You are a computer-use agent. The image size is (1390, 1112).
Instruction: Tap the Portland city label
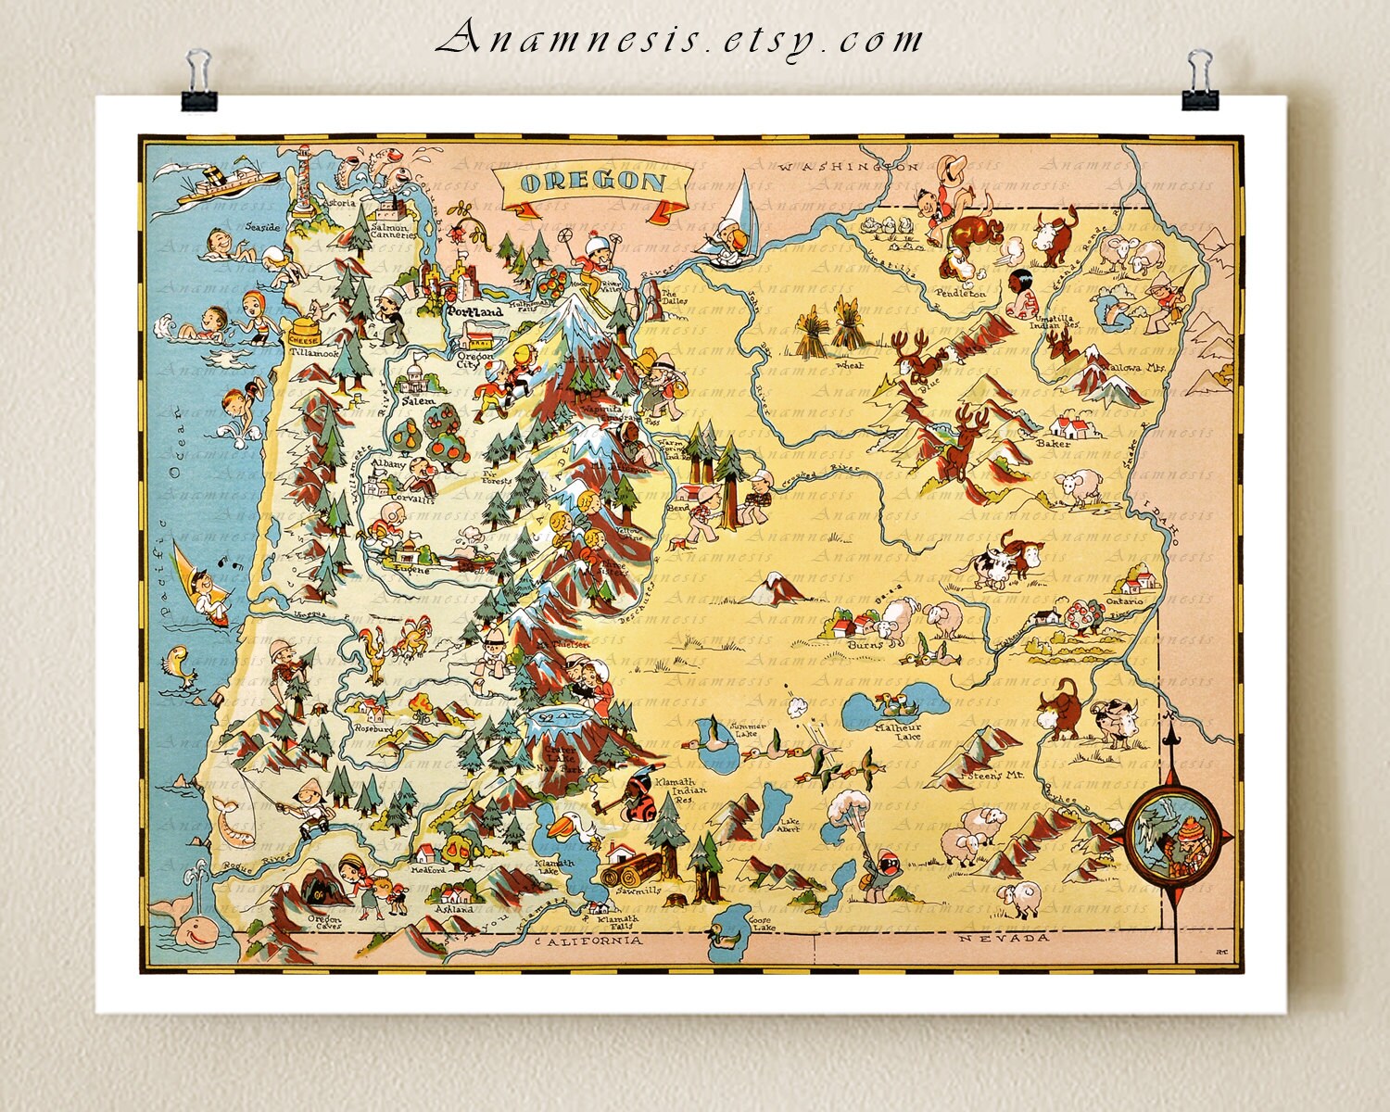pyautogui.click(x=474, y=312)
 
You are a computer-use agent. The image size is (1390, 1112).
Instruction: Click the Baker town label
pyautogui.click(x=1054, y=444)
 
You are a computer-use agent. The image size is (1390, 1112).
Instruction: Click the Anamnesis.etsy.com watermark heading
pyautogui.click(x=680, y=39)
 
